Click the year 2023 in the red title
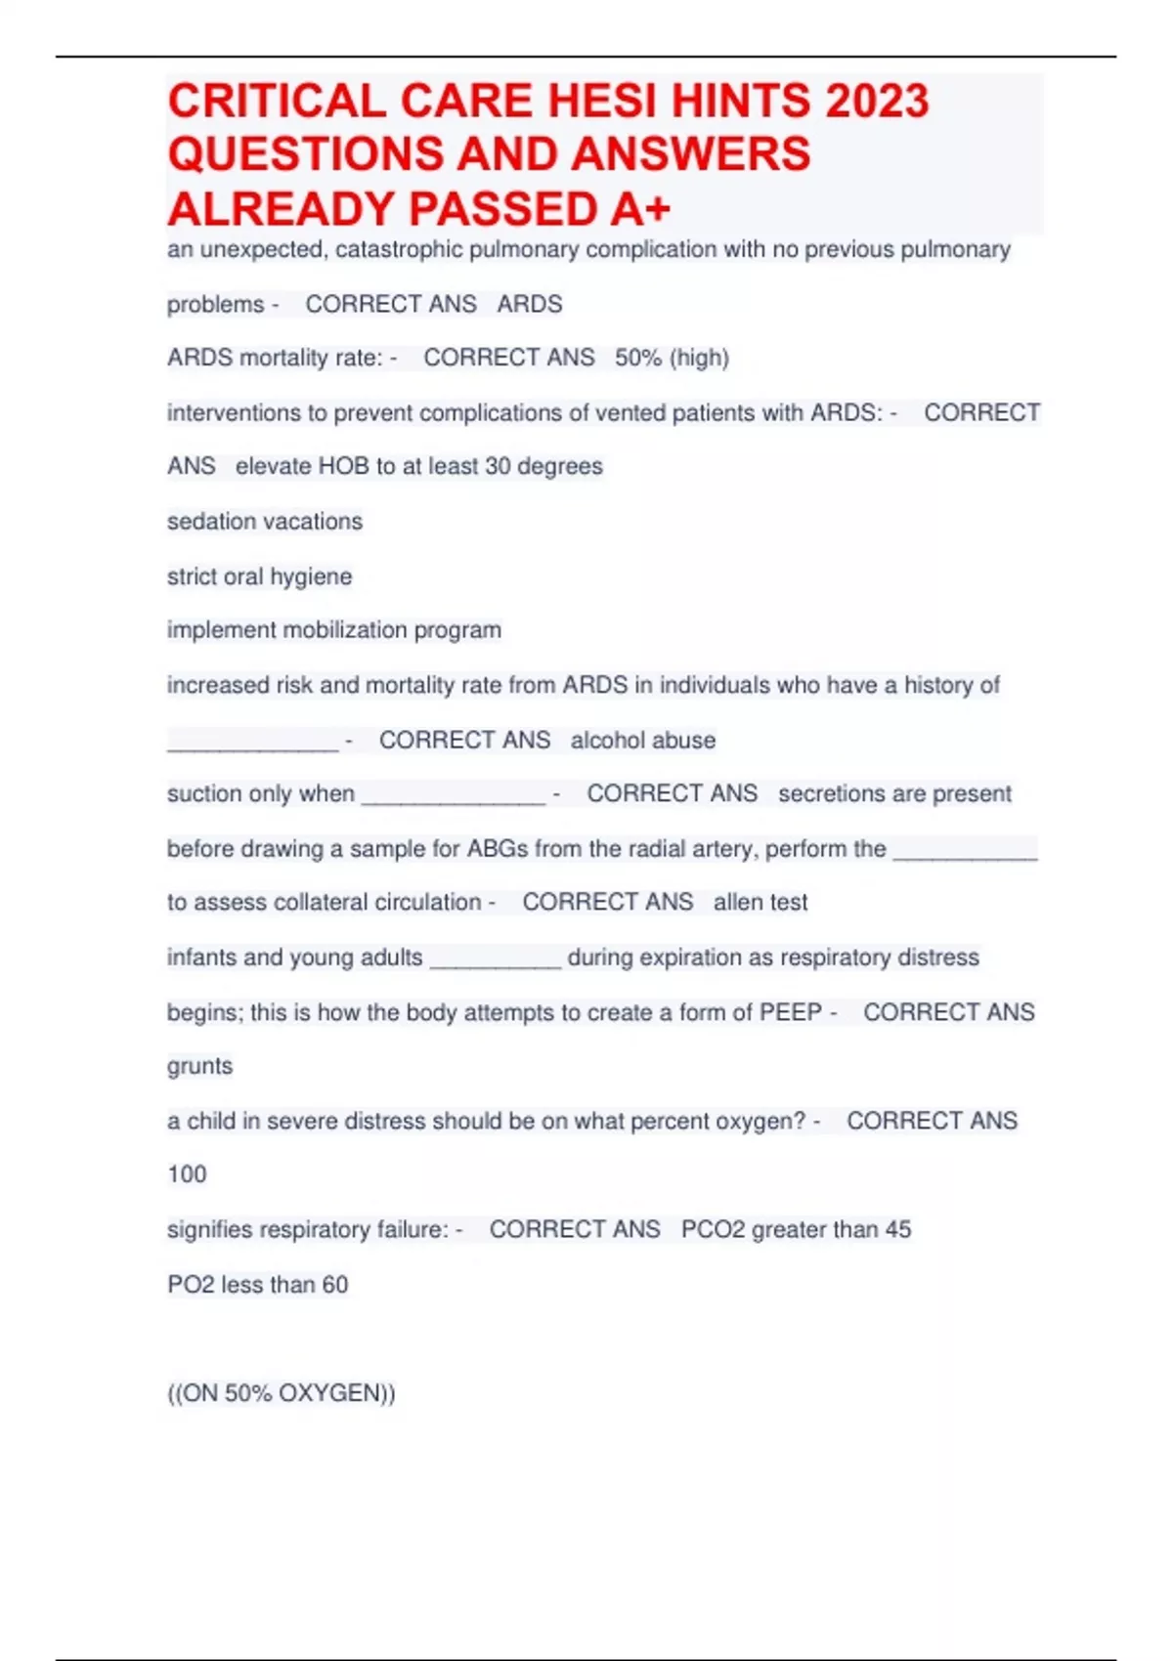pos(876,102)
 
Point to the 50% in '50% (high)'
pos(638,359)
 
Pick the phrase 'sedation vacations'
pos(265,522)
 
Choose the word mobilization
pos(344,630)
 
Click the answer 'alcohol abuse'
pos(643,741)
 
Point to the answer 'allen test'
pos(760,903)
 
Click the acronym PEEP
pos(791,1013)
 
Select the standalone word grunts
pos(200,1067)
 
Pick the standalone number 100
pos(187,1174)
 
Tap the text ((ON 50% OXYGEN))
pos(282,1393)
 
